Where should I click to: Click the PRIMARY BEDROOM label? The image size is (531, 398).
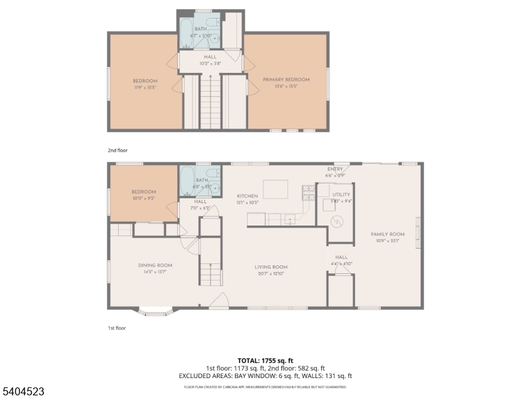point(285,80)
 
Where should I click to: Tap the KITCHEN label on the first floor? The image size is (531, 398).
point(248,196)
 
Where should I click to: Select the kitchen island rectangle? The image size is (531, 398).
point(275,189)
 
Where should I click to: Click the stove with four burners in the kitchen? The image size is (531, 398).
point(309,192)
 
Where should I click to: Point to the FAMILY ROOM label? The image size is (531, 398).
point(388,234)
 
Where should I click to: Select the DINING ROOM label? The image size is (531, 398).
point(155,265)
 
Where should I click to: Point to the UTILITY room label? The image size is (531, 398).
point(341,194)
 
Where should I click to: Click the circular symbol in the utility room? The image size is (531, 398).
point(337,221)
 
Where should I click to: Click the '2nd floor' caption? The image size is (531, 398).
point(117,151)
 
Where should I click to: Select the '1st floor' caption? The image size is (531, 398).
point(117,328)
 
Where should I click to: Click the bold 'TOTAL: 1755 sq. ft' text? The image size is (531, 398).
point(265,361)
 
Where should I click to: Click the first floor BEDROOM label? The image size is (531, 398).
point(144,192)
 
